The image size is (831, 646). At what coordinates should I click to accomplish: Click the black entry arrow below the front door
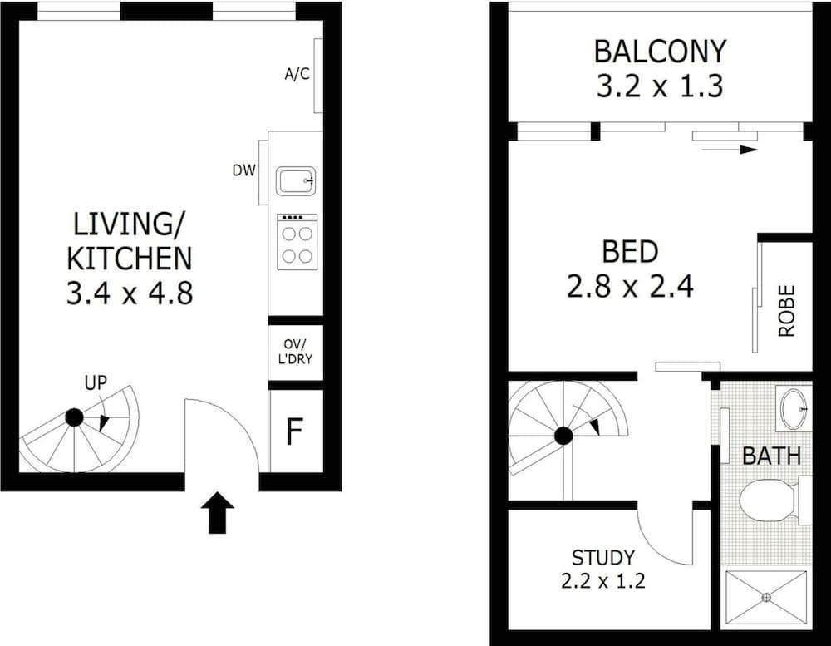tap(217, 512)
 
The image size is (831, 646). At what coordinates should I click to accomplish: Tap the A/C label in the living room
tap(297, 74)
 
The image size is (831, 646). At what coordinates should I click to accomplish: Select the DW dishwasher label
tap(243, 170)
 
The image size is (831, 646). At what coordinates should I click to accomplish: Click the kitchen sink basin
tap(296, 181)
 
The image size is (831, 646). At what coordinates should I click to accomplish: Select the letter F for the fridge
tap(294, 431)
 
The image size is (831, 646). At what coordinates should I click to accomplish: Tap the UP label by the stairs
tap(96, 382)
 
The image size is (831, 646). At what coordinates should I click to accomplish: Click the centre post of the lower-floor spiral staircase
tap(74, 418)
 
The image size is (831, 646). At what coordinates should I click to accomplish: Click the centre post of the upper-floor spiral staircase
tap(563, 436)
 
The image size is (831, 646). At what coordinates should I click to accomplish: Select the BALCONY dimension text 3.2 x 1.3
tap(660, 86)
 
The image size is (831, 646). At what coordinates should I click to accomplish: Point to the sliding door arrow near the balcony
tap(730, 150)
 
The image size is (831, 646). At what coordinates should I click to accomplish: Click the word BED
tap(630, 251)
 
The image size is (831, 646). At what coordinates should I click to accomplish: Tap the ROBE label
tap(787, 311)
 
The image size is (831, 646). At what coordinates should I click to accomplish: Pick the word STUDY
tap(603, 558)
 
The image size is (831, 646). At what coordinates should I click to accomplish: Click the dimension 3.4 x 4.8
tap(130, 293)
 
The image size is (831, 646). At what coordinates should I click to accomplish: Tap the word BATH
tap(772, 456)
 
